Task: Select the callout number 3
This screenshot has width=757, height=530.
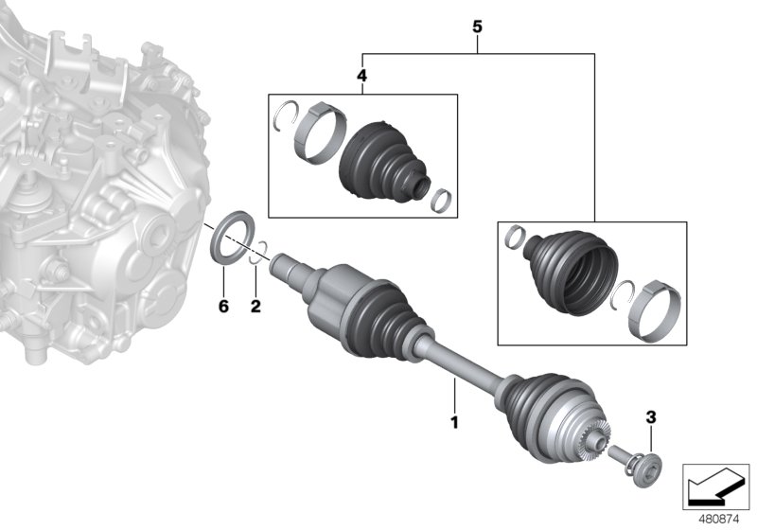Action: [x=651, y=416]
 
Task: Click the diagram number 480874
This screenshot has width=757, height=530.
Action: [x=717, y=518]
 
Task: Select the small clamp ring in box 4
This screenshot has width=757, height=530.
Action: [x=441, y=200]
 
